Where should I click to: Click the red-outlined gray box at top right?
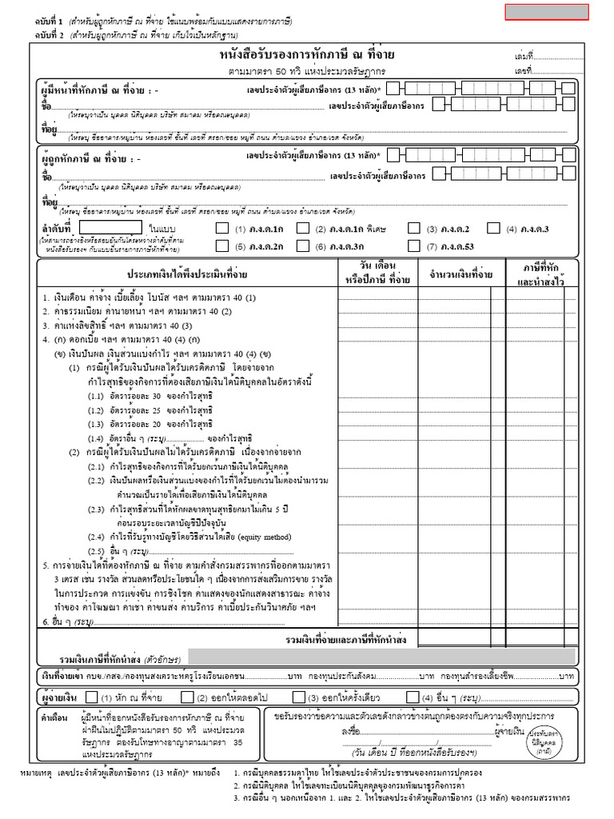click(546, 12)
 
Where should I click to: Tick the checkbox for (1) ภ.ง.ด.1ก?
click(222, 228)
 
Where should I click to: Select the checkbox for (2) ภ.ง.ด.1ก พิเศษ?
click(302, 228)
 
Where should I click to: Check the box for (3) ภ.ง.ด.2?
click(414, 228)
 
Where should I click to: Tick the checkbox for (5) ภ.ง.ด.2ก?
click(222, 246)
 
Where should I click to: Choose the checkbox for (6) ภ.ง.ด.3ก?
click(302, 246)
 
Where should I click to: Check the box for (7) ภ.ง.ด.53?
click(414, 246)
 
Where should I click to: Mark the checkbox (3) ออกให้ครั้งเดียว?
click(297, 697)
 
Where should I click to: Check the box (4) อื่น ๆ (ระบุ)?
click(413, 697)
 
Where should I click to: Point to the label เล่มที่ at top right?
click(523, 56)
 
